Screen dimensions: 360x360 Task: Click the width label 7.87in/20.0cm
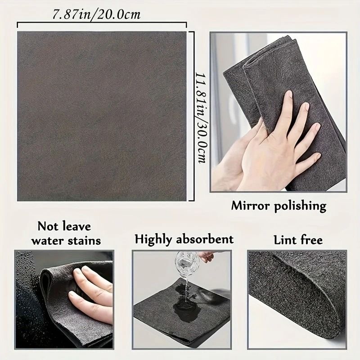tap(96, 14)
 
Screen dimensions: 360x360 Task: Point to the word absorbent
tap(206, 239)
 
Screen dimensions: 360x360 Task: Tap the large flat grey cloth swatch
tap(102, 116)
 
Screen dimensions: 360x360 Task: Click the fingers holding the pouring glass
tap(207, 256)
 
